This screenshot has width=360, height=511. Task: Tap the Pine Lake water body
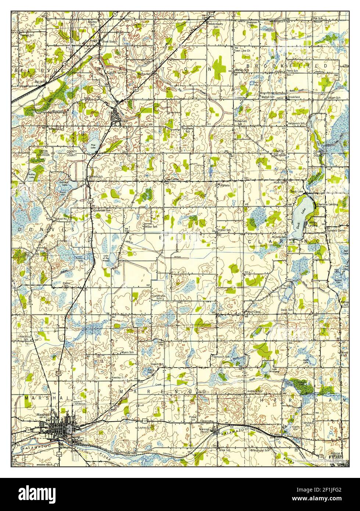(92, 144)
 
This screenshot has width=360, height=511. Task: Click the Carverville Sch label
(158, 297)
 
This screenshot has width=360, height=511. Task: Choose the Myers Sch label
(127, 353)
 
